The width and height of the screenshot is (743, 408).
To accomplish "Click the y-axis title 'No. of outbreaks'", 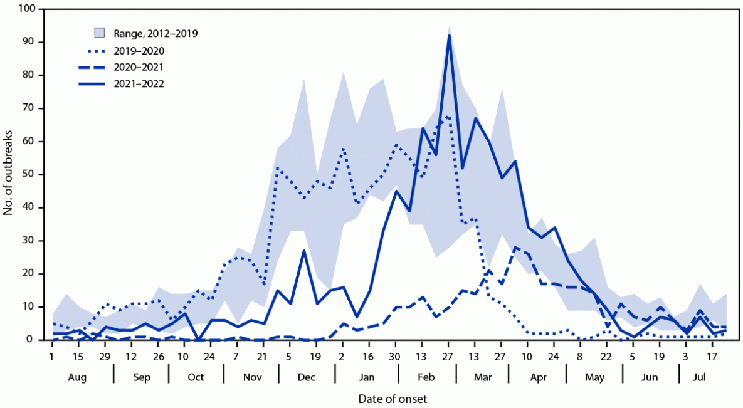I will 8,174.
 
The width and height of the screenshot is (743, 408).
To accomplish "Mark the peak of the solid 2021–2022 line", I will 450,36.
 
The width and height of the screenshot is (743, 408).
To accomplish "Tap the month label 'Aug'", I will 77,377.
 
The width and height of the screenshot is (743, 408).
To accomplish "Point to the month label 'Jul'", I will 704,377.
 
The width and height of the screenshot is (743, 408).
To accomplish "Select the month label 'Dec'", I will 307,377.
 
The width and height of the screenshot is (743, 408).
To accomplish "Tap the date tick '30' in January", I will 396,355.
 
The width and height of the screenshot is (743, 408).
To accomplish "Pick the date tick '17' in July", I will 713,355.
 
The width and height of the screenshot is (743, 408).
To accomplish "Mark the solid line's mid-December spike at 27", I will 304,251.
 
